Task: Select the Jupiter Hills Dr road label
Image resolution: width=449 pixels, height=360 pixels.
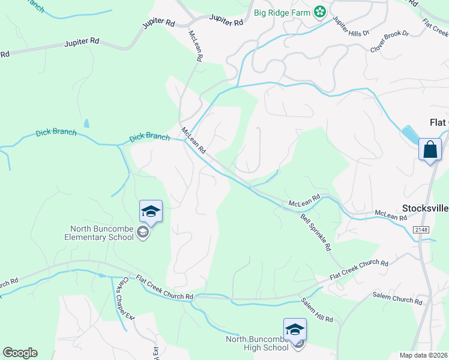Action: coord(349,28)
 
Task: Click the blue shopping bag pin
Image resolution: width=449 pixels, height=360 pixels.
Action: coord(430,149)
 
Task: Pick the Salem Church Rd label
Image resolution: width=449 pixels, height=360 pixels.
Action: coord(397,298)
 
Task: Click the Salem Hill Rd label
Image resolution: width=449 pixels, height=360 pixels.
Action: coord(317,310)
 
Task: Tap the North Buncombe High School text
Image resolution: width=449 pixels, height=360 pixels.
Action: coord(257,343)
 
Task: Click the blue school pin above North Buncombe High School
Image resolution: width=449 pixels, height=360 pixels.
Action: coord(295,329)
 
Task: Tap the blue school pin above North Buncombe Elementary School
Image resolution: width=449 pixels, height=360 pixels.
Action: coord(151,211)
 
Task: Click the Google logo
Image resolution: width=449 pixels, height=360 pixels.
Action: coord(20,353)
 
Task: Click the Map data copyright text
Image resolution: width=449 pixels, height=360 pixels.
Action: coord(423,356)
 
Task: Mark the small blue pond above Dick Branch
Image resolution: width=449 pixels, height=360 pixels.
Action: coord(87,124)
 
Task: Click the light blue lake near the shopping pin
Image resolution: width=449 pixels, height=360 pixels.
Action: coord(409,134)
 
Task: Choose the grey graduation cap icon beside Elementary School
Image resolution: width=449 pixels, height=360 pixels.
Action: coord(143,232)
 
